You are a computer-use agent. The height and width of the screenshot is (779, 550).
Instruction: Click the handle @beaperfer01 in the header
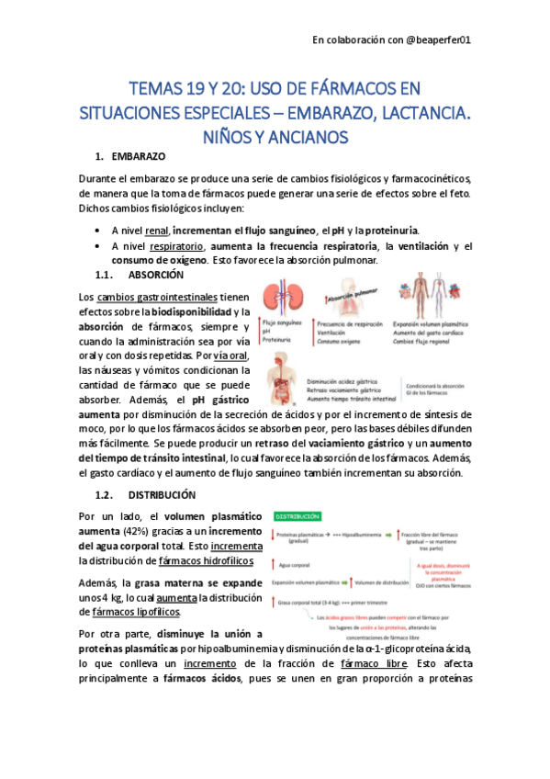432,40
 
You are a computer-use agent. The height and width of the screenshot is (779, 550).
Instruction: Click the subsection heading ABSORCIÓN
156,275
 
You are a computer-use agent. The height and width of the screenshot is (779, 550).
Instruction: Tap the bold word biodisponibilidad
196,312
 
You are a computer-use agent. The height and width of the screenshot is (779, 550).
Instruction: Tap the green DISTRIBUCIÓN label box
295,518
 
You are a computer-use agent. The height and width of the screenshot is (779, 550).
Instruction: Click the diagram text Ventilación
333,332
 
